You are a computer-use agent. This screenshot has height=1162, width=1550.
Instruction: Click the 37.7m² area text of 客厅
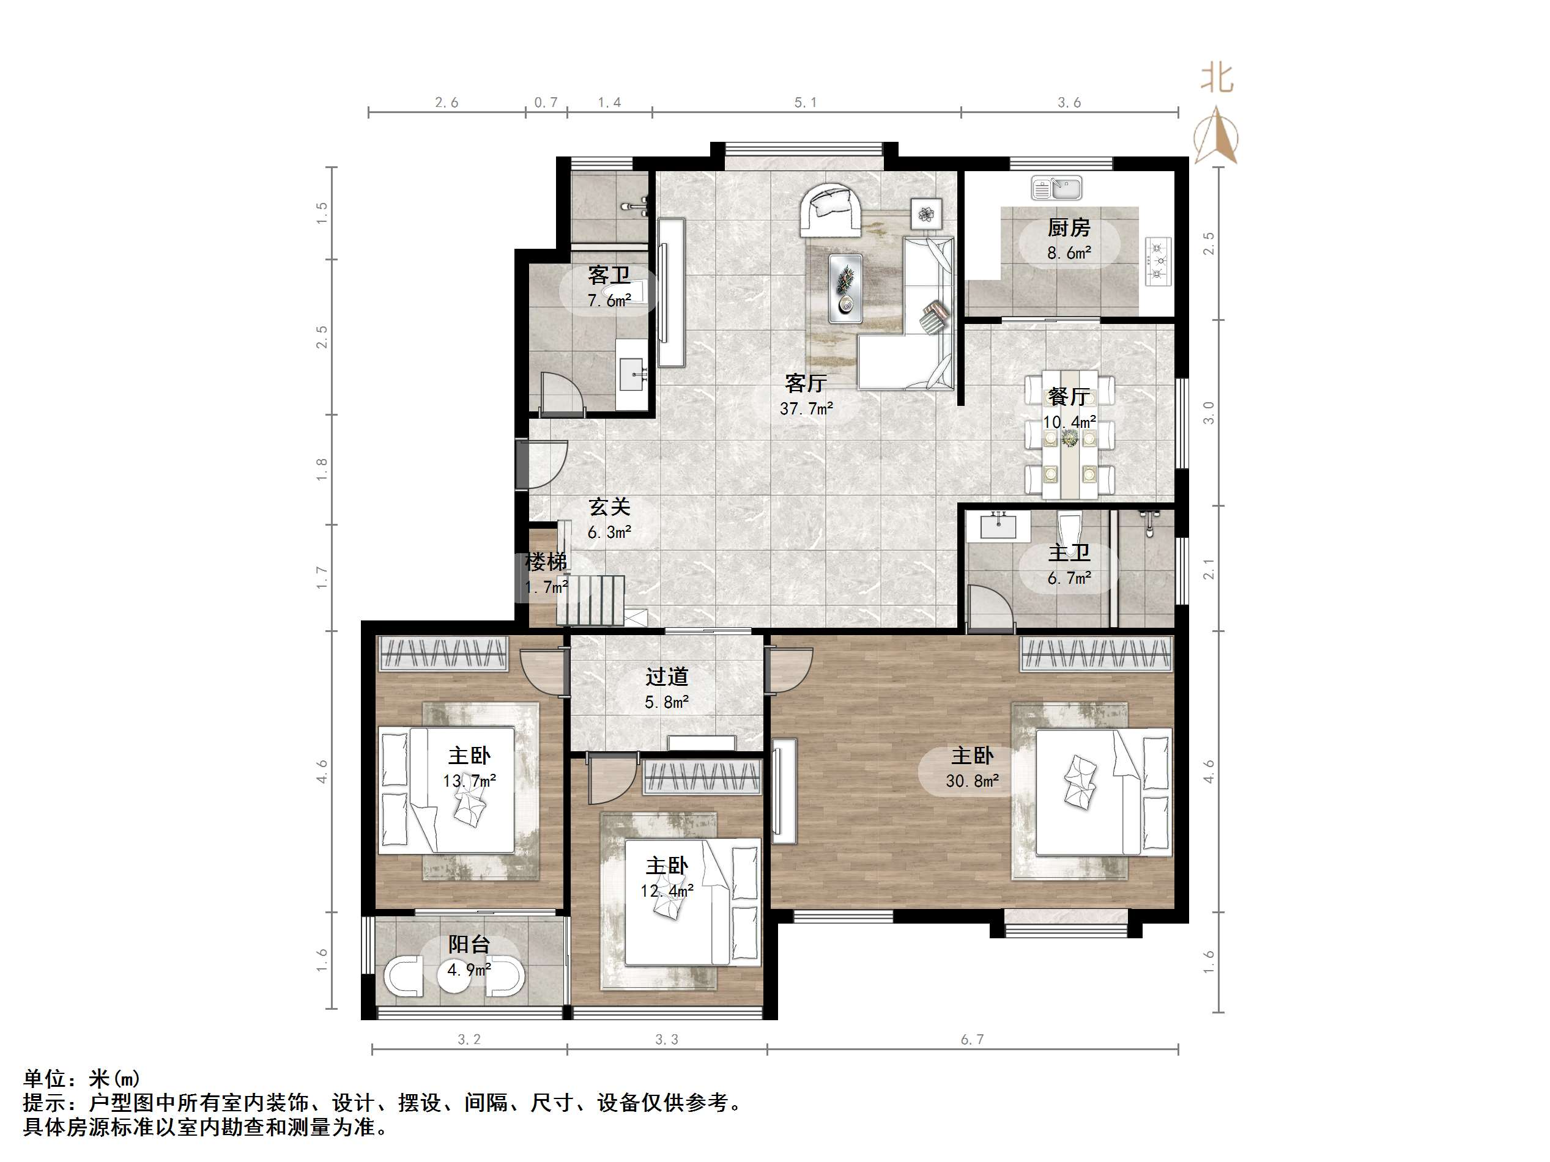click(x=806, y=408)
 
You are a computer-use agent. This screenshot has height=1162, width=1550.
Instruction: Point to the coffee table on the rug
click(x=845, y=288)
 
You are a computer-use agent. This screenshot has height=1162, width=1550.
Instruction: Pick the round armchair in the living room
click(x=832, y=210)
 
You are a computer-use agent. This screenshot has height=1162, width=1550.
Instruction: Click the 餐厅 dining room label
click(x=1068, y=397)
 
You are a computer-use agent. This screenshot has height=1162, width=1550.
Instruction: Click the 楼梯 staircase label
click(x=546, y=562)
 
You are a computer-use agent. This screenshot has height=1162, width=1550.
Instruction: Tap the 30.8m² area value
click(x=972, y=781)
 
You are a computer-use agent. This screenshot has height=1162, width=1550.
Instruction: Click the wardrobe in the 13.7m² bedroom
click(x=443, y=653)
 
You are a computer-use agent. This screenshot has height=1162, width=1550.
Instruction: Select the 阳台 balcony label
click(x=468, y=944)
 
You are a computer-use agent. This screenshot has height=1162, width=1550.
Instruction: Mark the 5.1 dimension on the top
click(x=805, y=103)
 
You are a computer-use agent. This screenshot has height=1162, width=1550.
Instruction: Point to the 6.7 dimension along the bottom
click(x=972, y=1039)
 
